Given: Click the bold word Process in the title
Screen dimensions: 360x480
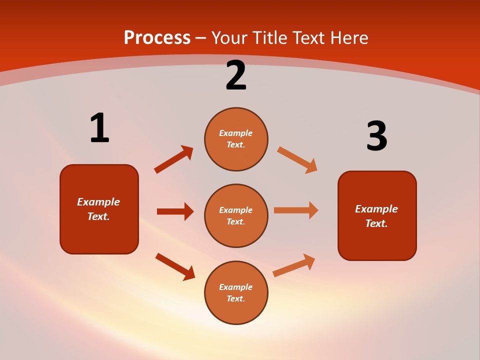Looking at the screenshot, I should pyautogui.click(x=157, y=38).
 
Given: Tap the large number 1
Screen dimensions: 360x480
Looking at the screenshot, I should pyautogui.click(x=99, y=128).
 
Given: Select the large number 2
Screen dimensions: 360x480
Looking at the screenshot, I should pyautogui.click(x=236, y=75).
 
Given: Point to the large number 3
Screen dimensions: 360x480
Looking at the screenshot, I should pyautogui.click(x=376, y=136).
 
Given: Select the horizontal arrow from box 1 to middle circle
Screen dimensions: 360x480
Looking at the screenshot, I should pyautogui.click(x=175, y=211).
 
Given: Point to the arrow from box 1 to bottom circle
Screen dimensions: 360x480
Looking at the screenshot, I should pyautogui.click(x=175, y=266).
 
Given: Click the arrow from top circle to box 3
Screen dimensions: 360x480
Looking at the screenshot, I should pyautogui.click(x=297, y=159).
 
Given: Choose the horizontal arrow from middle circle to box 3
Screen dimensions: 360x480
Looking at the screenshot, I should pyautogui.click(x=296, y=210).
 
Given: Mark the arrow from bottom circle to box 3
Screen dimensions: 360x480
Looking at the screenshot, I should pyautogui.click(x=294, y=265).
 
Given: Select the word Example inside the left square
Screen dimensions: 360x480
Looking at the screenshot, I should pyautogui.click(x=98, y=202).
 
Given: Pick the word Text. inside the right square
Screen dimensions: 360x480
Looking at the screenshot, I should pyautogui.click(x=376, y=223).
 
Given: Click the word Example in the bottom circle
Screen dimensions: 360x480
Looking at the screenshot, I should pyautogui.click(x=236, y=287).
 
